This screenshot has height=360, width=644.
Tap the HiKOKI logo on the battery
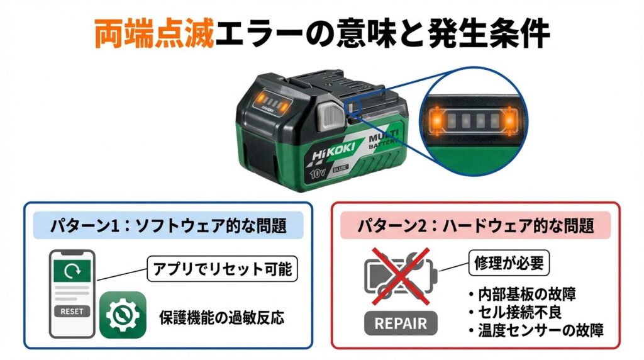333,153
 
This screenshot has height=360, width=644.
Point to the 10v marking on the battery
318,173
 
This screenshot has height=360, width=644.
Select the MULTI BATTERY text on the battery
384,139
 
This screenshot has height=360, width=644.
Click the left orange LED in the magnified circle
436,121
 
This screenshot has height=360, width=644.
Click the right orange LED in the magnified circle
509,121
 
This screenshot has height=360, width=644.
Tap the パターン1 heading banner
169,225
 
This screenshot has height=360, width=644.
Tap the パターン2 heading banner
475,225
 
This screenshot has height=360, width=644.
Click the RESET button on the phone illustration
72,312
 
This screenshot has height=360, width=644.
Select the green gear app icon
123,315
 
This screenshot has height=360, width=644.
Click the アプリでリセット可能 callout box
222,269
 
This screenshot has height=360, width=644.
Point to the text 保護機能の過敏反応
222,318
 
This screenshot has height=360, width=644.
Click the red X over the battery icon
401,276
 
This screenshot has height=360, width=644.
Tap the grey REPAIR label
401,323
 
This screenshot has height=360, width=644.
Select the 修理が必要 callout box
509,263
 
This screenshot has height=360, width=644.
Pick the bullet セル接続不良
514,312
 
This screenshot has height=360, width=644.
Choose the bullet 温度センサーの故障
536,330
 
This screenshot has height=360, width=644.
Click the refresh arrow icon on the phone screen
72,271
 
